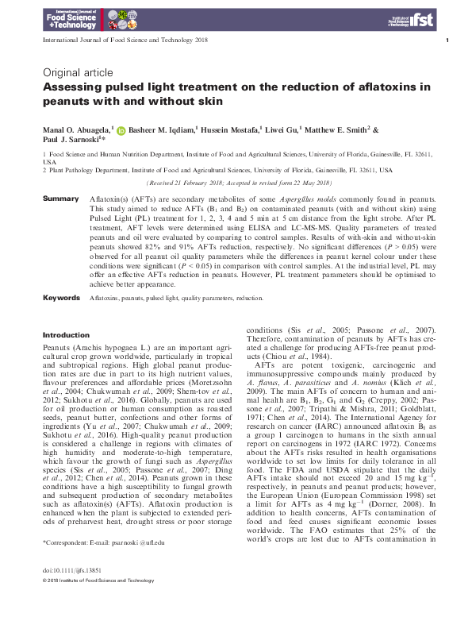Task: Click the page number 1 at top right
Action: tap(448, 40)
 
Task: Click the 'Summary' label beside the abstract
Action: tap(60, 198)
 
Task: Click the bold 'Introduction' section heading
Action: tap(65, 335)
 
